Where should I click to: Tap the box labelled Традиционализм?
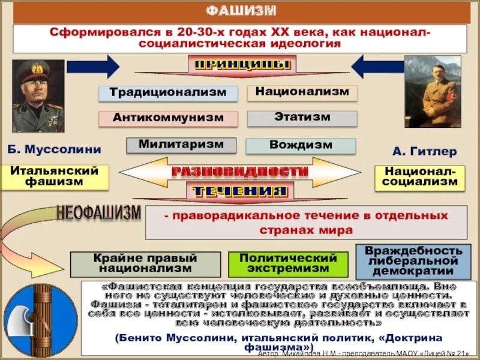pos(167,93)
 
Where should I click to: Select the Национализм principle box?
pos(302,92)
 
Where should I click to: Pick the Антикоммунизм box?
pos(167,118)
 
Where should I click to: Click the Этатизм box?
pos(302,118)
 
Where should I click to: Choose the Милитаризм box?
pos(181,145)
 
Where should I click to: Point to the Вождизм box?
pos(301,146)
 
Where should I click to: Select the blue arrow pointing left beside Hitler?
pos(377,66)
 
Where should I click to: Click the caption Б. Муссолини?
pos(55,149)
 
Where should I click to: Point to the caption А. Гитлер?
pos(424,152)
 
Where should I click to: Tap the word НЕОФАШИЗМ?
pos(99,212)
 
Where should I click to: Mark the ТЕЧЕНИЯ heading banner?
pos(240,192)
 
